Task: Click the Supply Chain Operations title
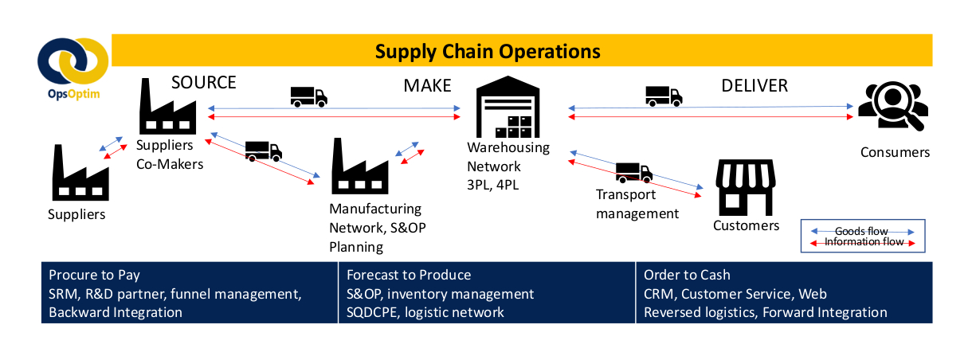[488, 51]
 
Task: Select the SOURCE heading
[204, 83]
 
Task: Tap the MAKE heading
[427, 85]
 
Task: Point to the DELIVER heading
[754, 85]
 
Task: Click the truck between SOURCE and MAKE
[308, 96]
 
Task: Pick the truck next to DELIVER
[663, 96]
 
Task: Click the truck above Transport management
[633, 172]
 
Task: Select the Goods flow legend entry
[861, 231]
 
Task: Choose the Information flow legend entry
[861, 242]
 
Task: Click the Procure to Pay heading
[94, 275]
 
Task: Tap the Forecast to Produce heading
[409, 275]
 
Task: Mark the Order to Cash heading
[687, 275]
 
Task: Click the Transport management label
[637, 204]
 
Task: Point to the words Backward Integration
[116, 312]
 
